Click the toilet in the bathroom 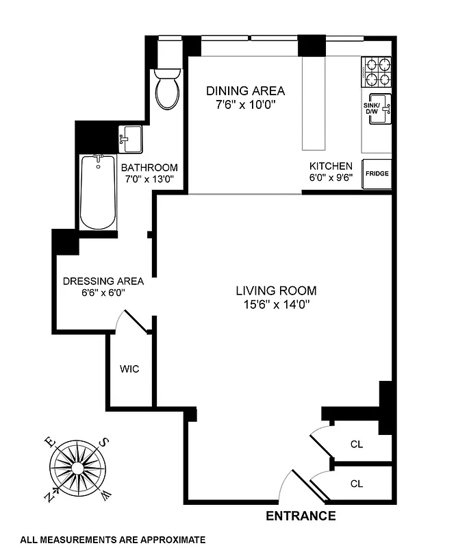coord(167,90)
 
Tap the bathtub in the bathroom coord(99,192)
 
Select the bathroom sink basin coord(130,141)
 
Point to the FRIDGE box coord(377,174)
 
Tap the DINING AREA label coord(245,90)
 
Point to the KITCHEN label coord(331,166)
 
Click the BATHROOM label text coord(149,167)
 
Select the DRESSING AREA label coord(103,281)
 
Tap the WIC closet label coord(129,369)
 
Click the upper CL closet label coord(356,445)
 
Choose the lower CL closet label coord(356,484)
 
